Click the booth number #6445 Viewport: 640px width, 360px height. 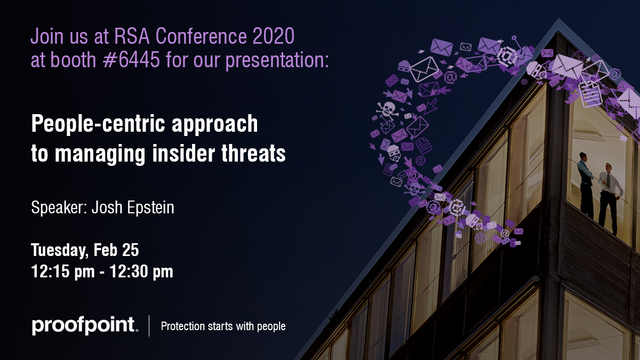click(x=131, y=60)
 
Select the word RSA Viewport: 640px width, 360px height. click(x=132, y=36)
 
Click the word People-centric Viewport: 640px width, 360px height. click(x=98, y=124)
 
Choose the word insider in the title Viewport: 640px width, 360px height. click(x=183, y=153)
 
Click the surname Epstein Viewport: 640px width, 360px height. click(x=150, y=207)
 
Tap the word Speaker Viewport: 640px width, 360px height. click(x=59, y=207)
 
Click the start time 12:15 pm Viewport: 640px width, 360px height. click(x=63, y=271)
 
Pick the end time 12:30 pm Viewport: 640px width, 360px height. click(x=141, y=271)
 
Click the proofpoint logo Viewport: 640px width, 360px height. click(x=85, y=326)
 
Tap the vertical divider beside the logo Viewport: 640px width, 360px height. click(x=149, y=326)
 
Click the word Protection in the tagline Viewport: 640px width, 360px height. click(x=183, y=326)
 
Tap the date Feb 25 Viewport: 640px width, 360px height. click(x=116, y=250)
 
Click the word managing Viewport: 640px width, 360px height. click(x=100, y=154)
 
